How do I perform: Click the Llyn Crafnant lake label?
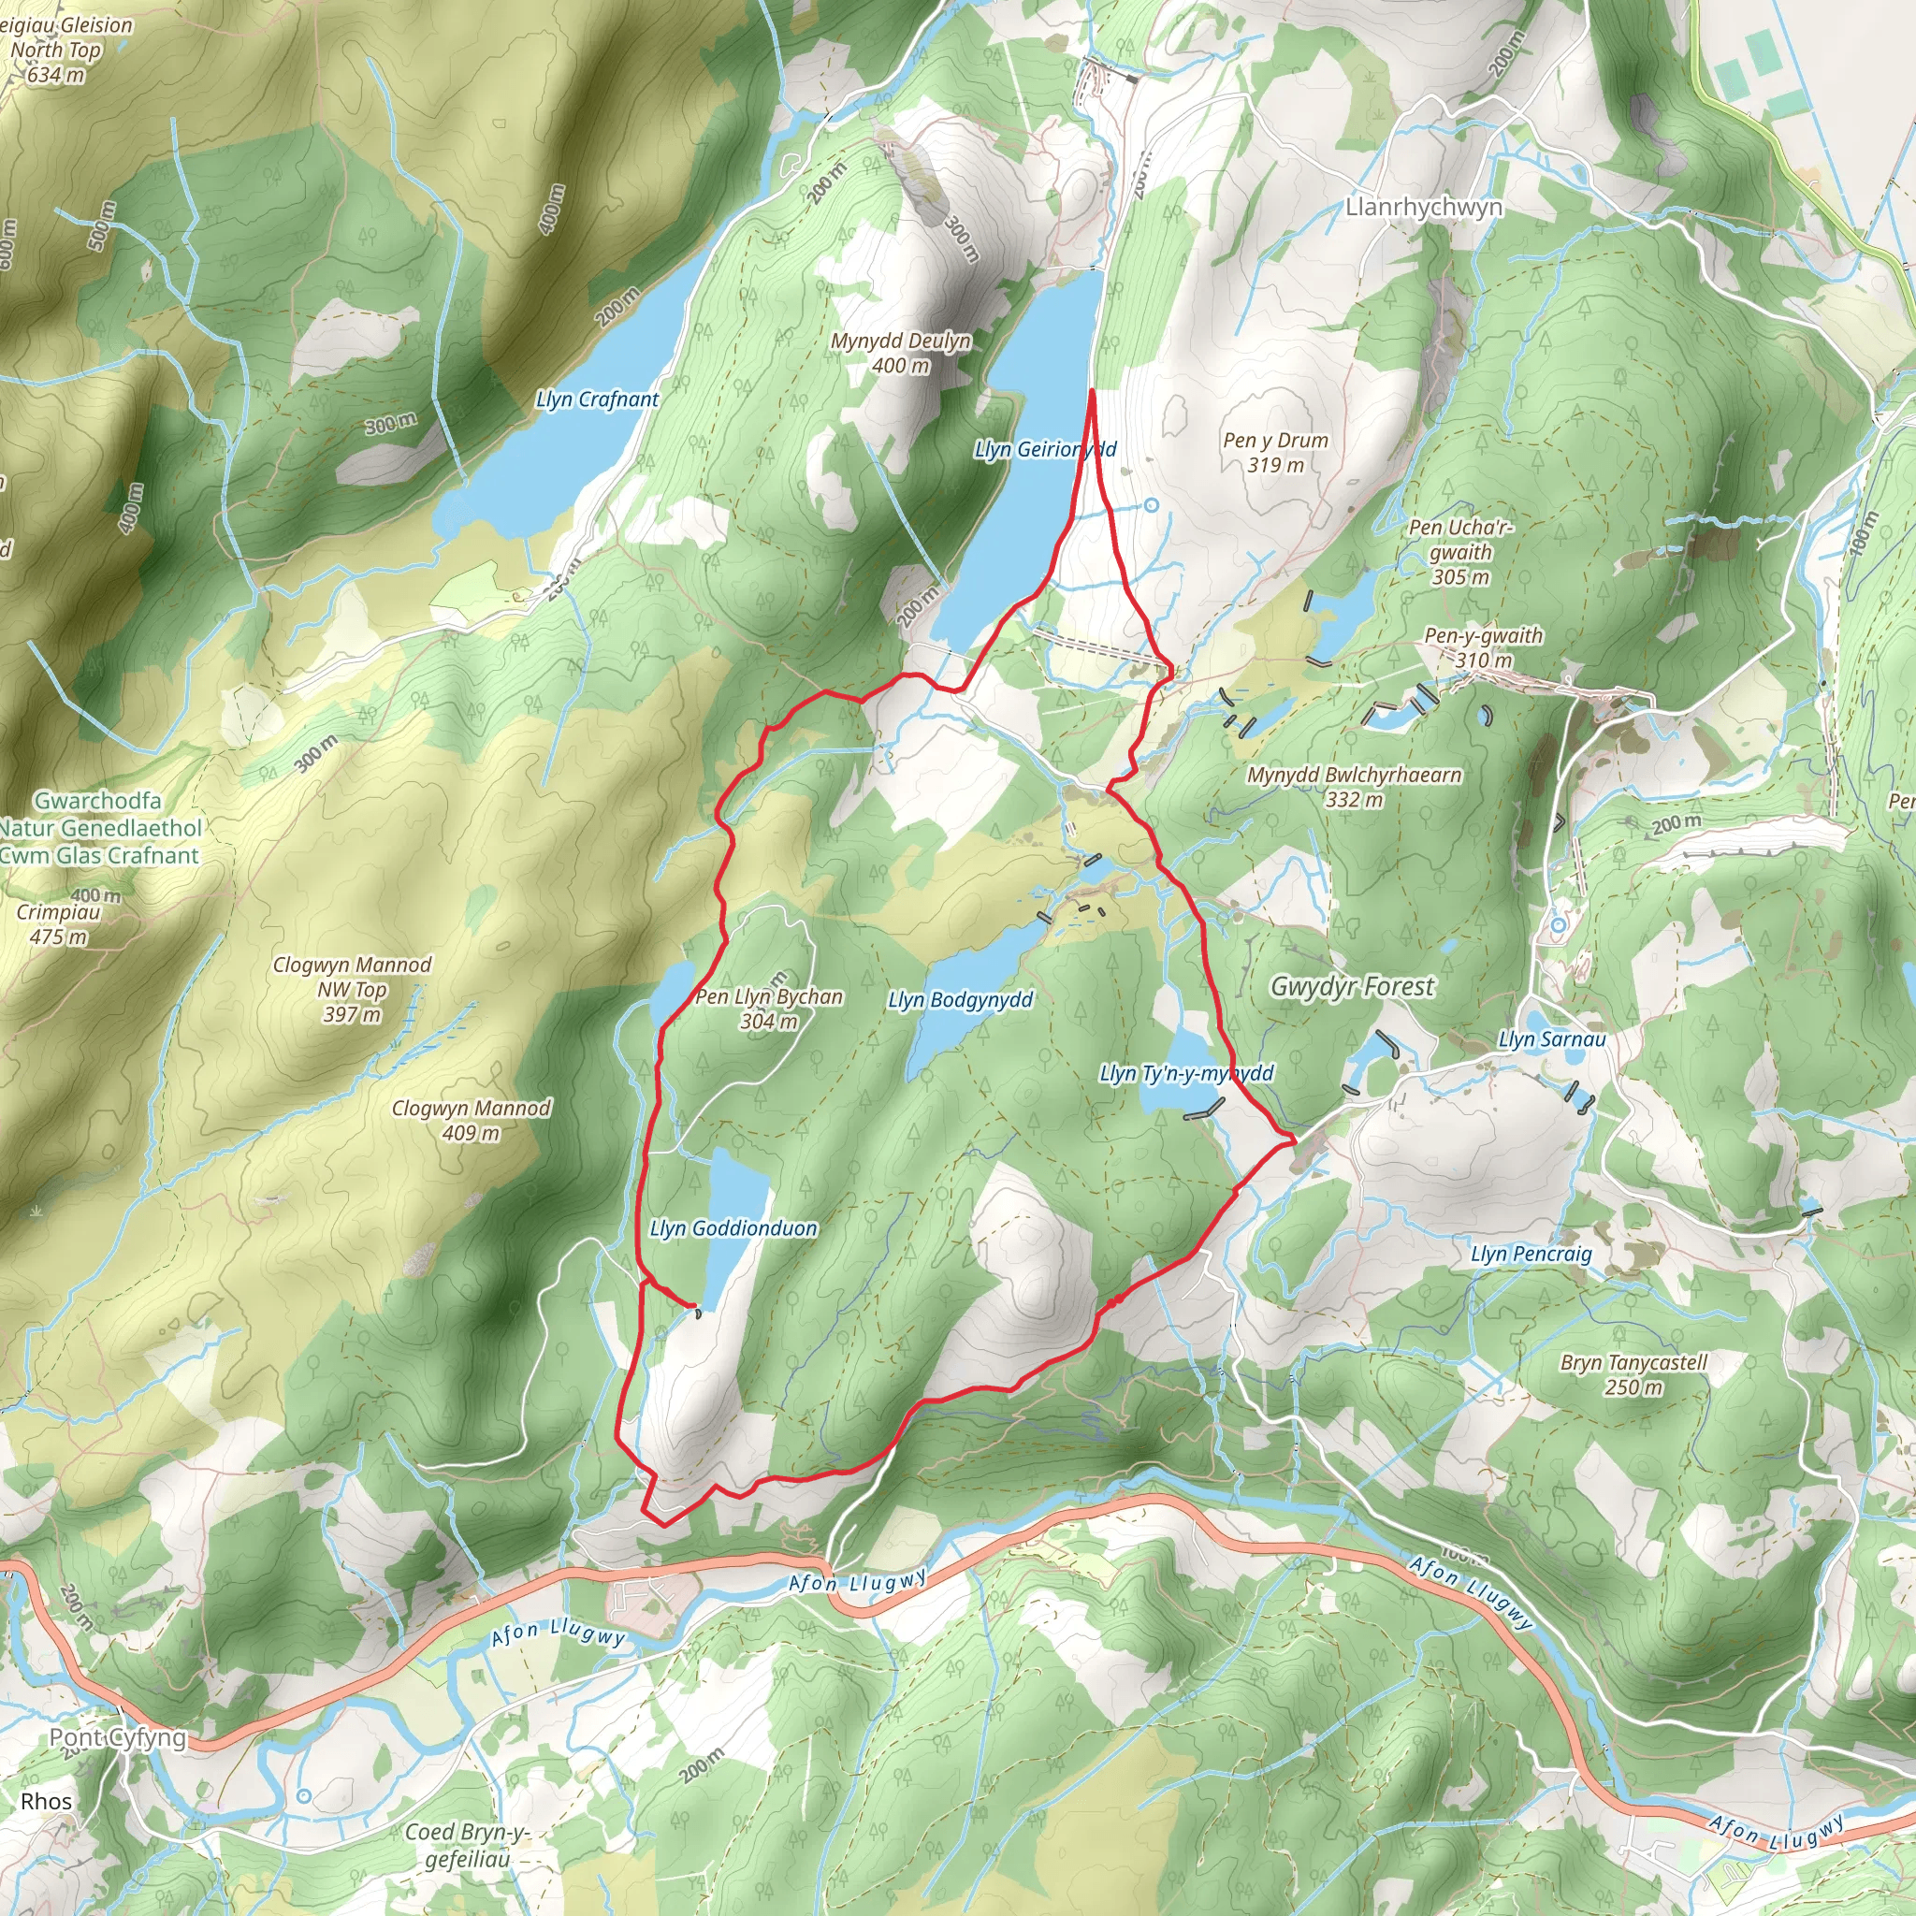click(597, 399)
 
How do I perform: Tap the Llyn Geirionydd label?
click(1044, 449)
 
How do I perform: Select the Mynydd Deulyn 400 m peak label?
click(901, 353)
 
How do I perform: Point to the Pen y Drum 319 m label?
click(1275, 452)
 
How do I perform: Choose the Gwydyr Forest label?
click(1352, 987)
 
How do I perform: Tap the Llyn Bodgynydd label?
click(960, 1000)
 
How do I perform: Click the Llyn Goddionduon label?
click(733, 1228)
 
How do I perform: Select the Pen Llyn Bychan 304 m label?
click(769, 1009)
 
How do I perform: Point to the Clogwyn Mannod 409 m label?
click(472, 1120)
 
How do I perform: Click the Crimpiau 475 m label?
click(59, 923)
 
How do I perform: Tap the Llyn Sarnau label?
click(1552, 1039)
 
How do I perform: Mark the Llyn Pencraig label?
click(1531, 1255)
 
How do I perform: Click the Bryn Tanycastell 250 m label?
click(1633, 1374)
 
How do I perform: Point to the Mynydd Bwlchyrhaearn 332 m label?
click(1354, 787)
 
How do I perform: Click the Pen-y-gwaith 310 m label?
click(1484, 647)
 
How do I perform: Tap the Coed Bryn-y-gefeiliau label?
click(467, 1846)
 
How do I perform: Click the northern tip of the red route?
click(1092, 392)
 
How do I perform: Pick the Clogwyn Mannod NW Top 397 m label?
click(352, 989)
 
